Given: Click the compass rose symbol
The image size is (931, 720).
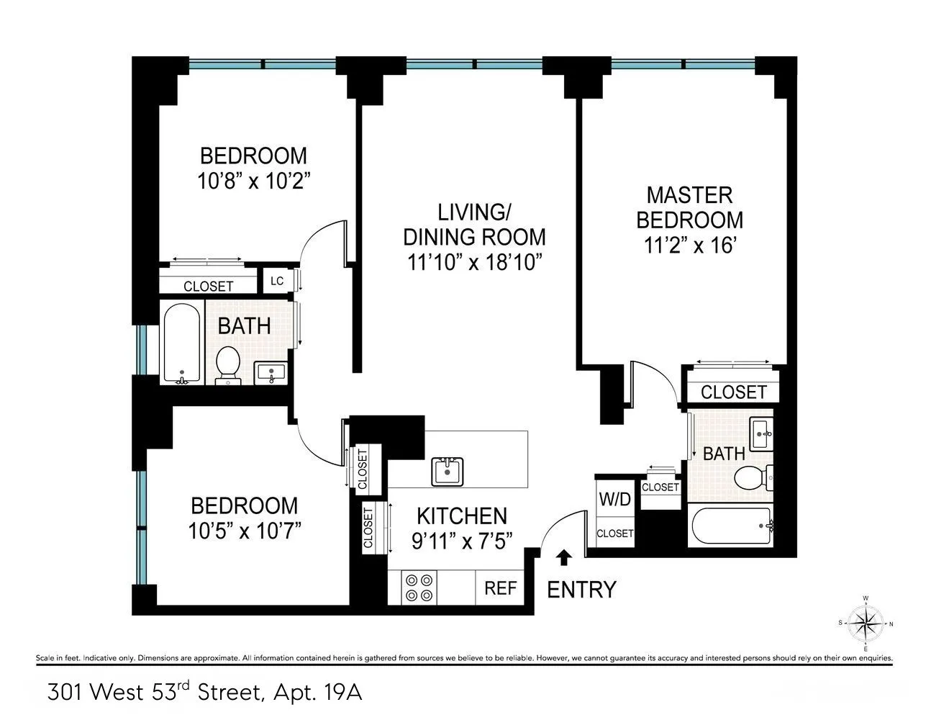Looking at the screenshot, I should pos(866,622).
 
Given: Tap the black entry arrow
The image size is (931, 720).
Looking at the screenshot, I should pos(566,557).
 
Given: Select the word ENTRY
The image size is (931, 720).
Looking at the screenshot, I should pos(581,590).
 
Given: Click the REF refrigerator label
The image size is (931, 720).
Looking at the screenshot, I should pos(500,588).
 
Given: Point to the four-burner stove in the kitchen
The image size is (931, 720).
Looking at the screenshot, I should pos(418,587).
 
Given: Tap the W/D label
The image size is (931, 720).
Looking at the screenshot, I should pos(614,498).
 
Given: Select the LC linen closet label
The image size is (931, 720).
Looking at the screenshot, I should pos(277,281).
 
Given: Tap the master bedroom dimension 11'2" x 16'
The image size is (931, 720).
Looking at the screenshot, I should pos(689,246).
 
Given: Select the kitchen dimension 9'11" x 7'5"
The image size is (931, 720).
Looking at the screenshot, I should pos(462,541).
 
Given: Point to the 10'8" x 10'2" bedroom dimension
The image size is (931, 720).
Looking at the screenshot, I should pos(253,180).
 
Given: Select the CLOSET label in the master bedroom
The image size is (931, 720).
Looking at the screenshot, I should pos(733,392).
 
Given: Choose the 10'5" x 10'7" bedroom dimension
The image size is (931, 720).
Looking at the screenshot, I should pos(244,531).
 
